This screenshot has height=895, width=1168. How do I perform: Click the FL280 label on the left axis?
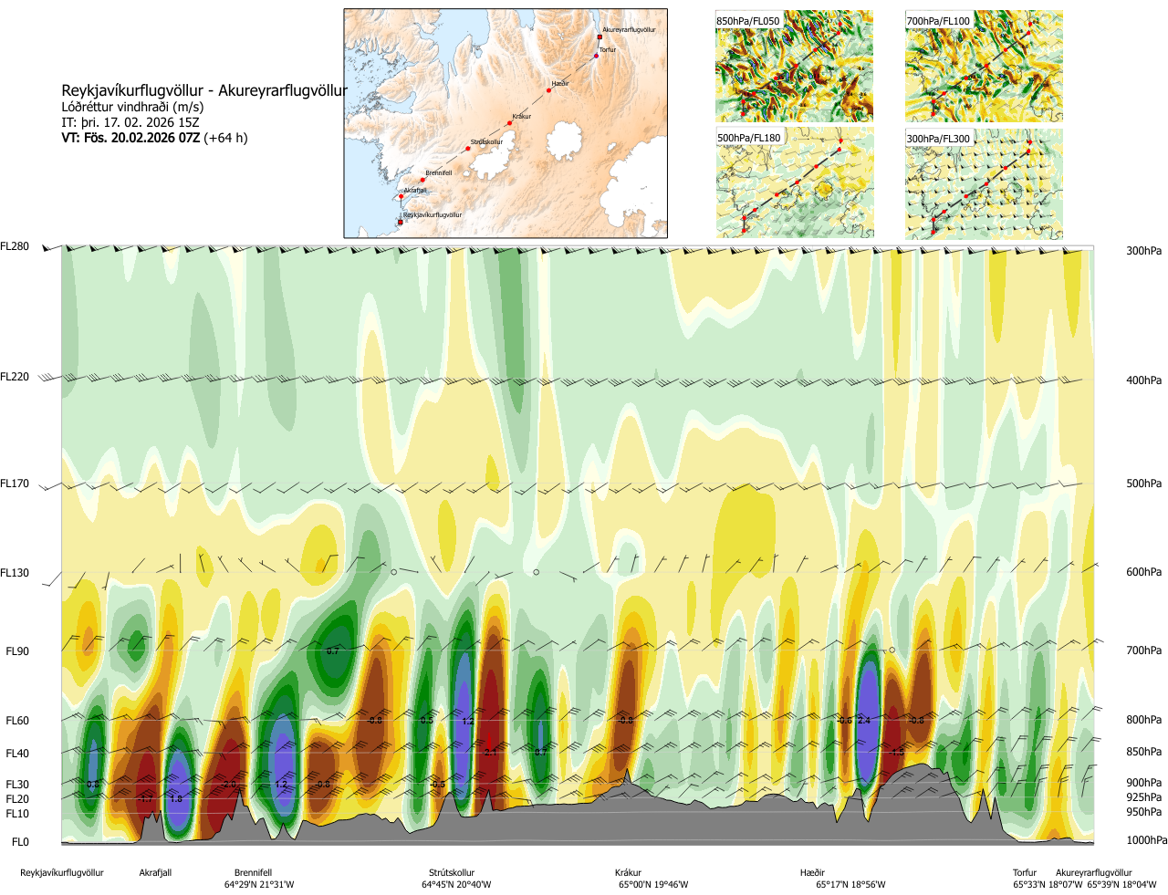click(15, 246)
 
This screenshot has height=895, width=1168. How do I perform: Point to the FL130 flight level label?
click(15, 573)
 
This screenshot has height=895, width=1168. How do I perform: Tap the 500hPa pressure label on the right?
click(1143, 484)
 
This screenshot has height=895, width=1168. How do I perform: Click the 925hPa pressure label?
click(1143, 797)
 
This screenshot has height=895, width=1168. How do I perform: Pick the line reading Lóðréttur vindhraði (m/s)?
click(132, 107)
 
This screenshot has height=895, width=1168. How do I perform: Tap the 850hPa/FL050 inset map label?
click(748, 21)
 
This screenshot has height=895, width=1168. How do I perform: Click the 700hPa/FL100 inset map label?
click(938, 21)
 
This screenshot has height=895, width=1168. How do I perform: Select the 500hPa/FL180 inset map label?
click(749, 138)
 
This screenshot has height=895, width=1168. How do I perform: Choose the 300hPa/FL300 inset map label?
click(938, 139)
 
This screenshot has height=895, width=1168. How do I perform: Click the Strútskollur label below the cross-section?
click(452, 873)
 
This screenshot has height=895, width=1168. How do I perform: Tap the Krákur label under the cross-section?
click(628, 873)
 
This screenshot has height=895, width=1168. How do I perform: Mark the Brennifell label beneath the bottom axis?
click(253, 873)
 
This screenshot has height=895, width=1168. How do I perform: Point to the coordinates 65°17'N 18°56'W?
click(850, 885)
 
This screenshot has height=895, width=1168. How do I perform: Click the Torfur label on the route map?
click(608, 50)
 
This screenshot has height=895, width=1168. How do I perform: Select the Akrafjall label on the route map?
click(415, 191)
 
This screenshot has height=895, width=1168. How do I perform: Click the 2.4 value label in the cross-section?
click(864, 721)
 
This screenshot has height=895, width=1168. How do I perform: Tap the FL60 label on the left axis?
click(17, 721)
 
